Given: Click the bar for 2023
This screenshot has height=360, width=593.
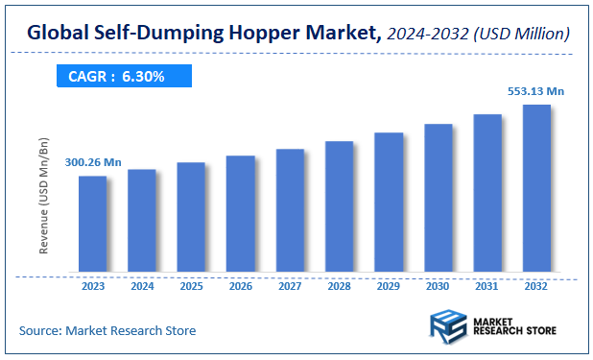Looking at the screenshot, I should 92,223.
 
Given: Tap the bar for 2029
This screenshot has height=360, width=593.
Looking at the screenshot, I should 388,202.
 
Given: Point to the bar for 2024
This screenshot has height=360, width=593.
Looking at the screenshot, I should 141,220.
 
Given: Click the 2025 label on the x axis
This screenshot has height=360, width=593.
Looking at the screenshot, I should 191,285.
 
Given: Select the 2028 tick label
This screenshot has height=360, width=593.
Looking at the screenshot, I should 339,285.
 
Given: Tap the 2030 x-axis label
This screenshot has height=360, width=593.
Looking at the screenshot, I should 438,285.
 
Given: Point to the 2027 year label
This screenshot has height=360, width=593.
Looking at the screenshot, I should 289,285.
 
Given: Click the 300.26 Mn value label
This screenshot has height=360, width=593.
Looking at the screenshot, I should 94,163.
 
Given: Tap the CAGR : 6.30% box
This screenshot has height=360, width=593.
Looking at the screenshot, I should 116,76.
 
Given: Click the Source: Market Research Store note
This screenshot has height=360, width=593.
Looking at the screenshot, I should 107,330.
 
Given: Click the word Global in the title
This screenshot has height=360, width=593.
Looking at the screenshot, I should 59,34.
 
